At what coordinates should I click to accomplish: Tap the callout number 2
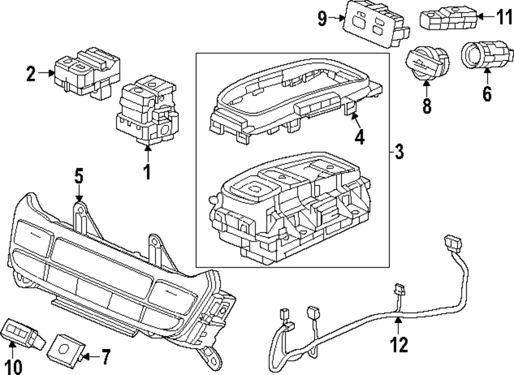click(31, 74)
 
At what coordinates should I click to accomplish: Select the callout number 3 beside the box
click(399, 152)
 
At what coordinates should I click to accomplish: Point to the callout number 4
click(359, 137)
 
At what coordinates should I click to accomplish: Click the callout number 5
click(78, 177)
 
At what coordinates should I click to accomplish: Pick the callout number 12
click(398, 345)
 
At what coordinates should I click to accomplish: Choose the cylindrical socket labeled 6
click(483, 56)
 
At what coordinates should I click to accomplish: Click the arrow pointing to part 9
click(338, 18)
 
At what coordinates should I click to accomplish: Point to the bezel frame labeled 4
click(288, 98)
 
